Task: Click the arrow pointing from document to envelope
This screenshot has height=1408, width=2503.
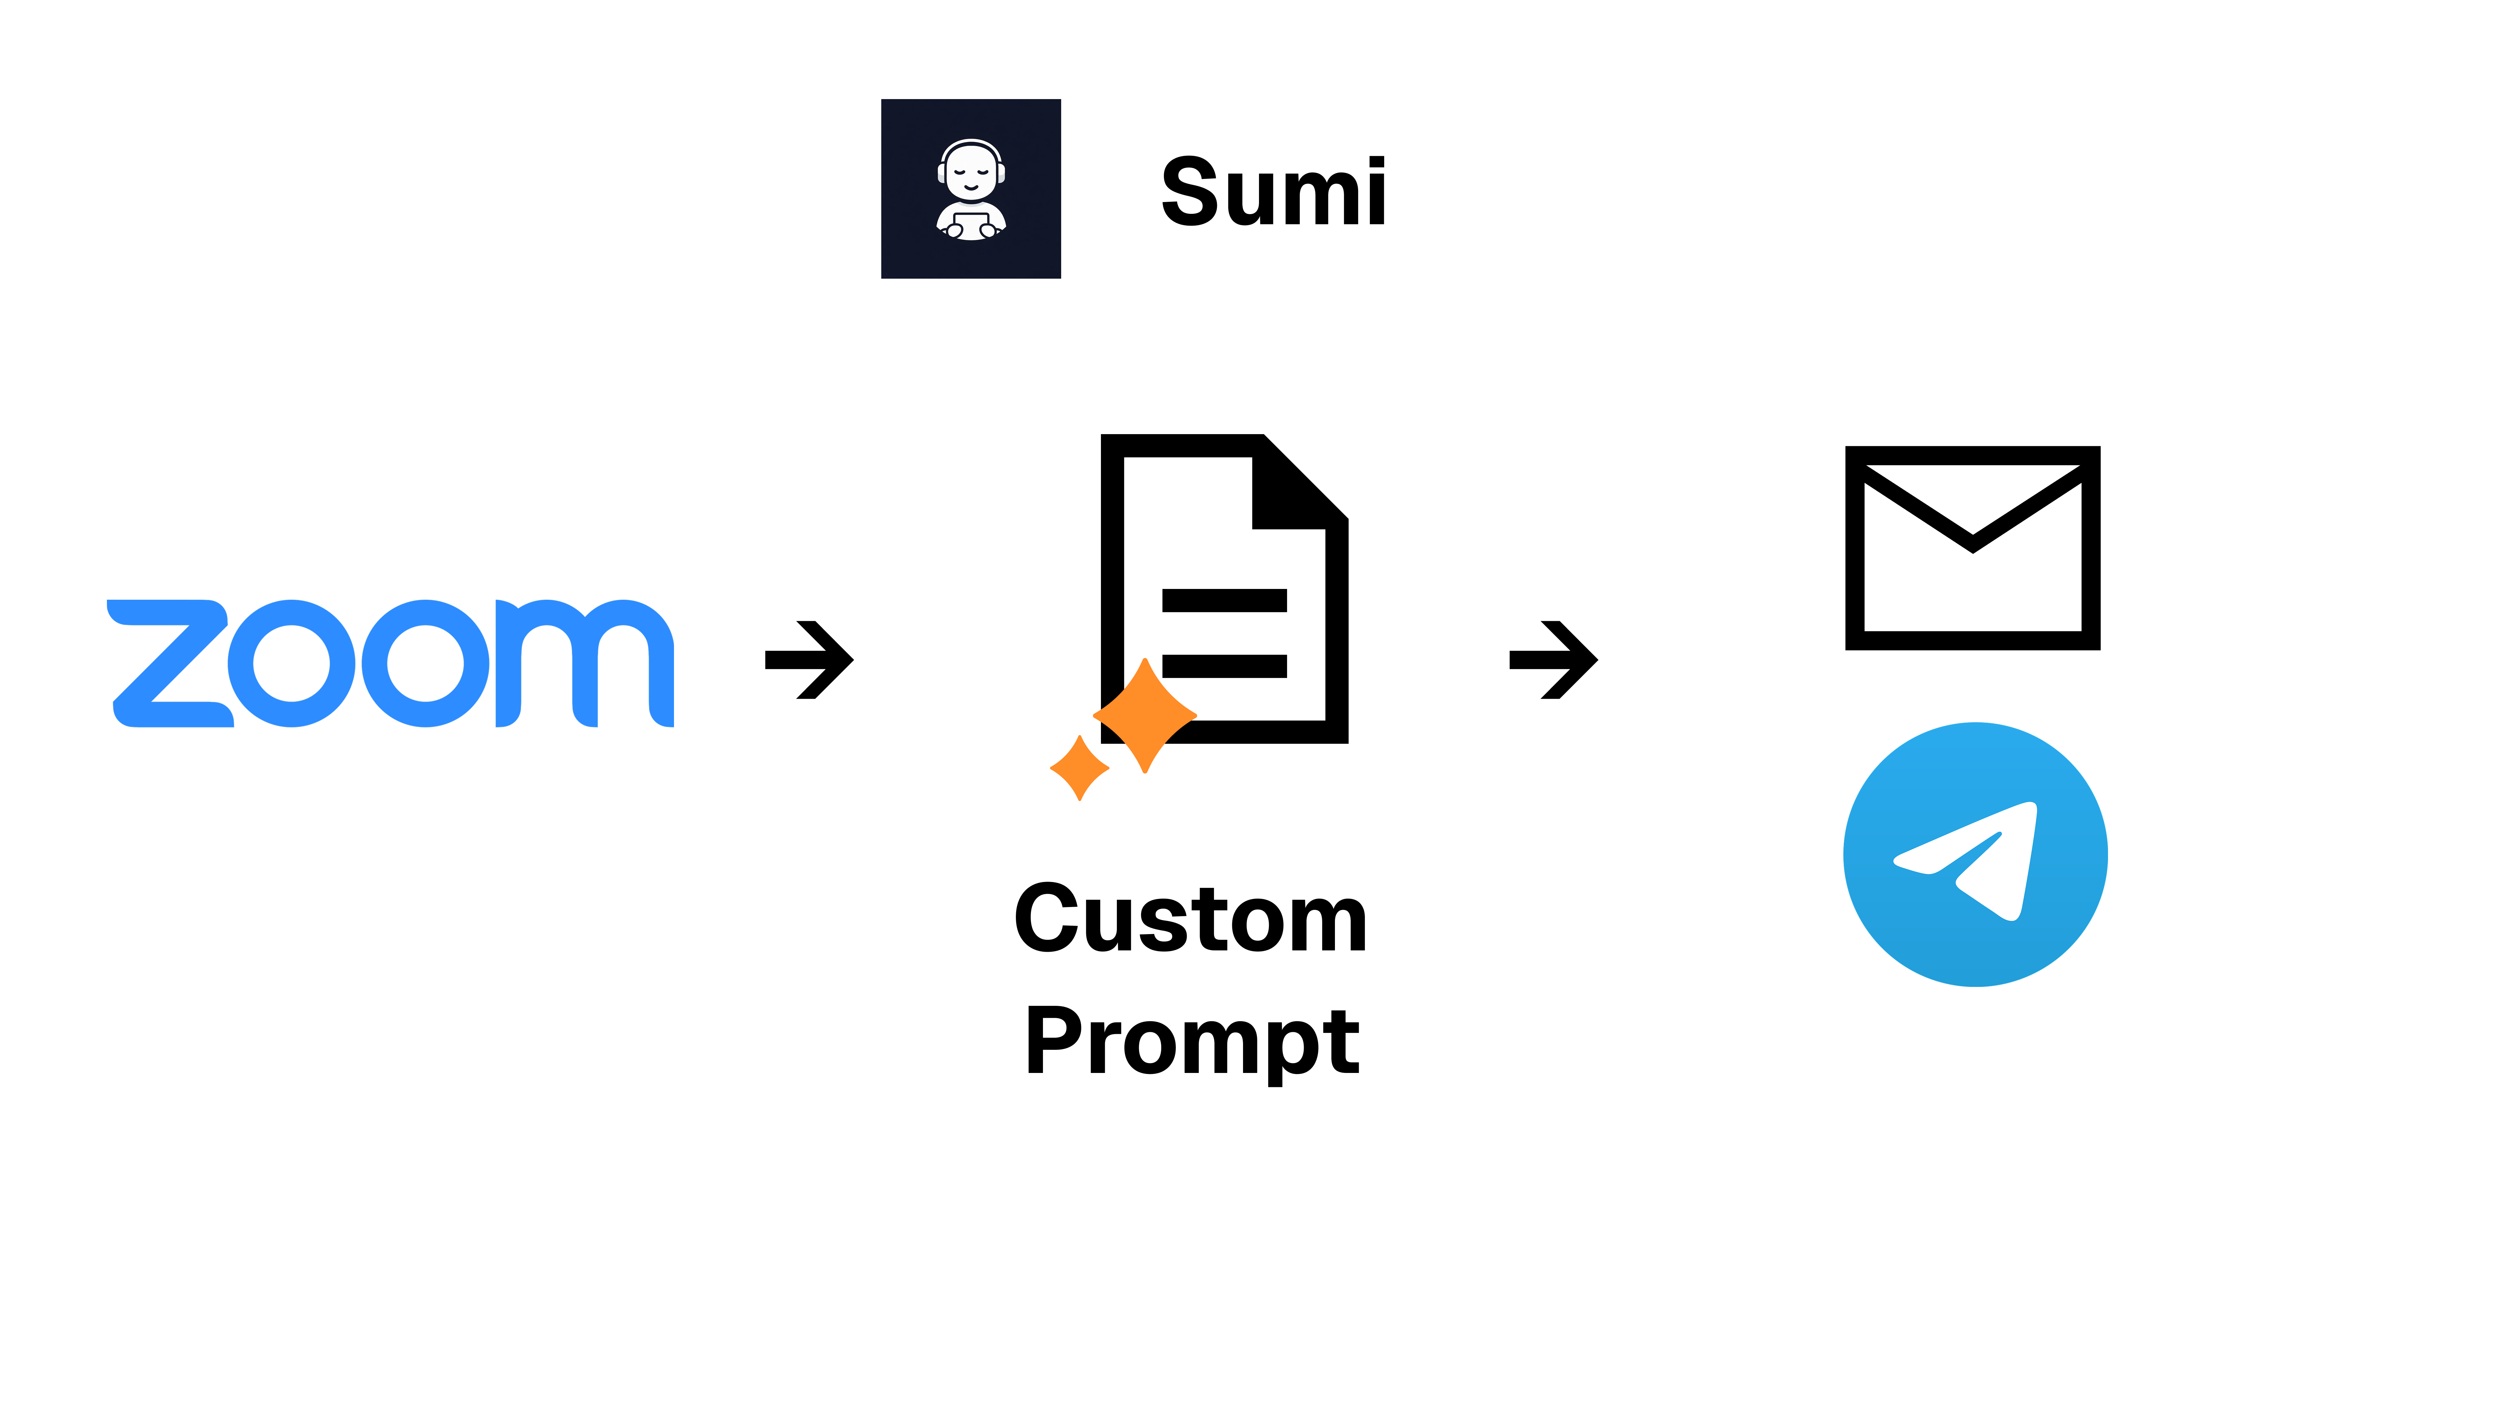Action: pos(1553,660)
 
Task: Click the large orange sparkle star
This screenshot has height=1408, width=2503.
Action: pos(1145,716)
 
